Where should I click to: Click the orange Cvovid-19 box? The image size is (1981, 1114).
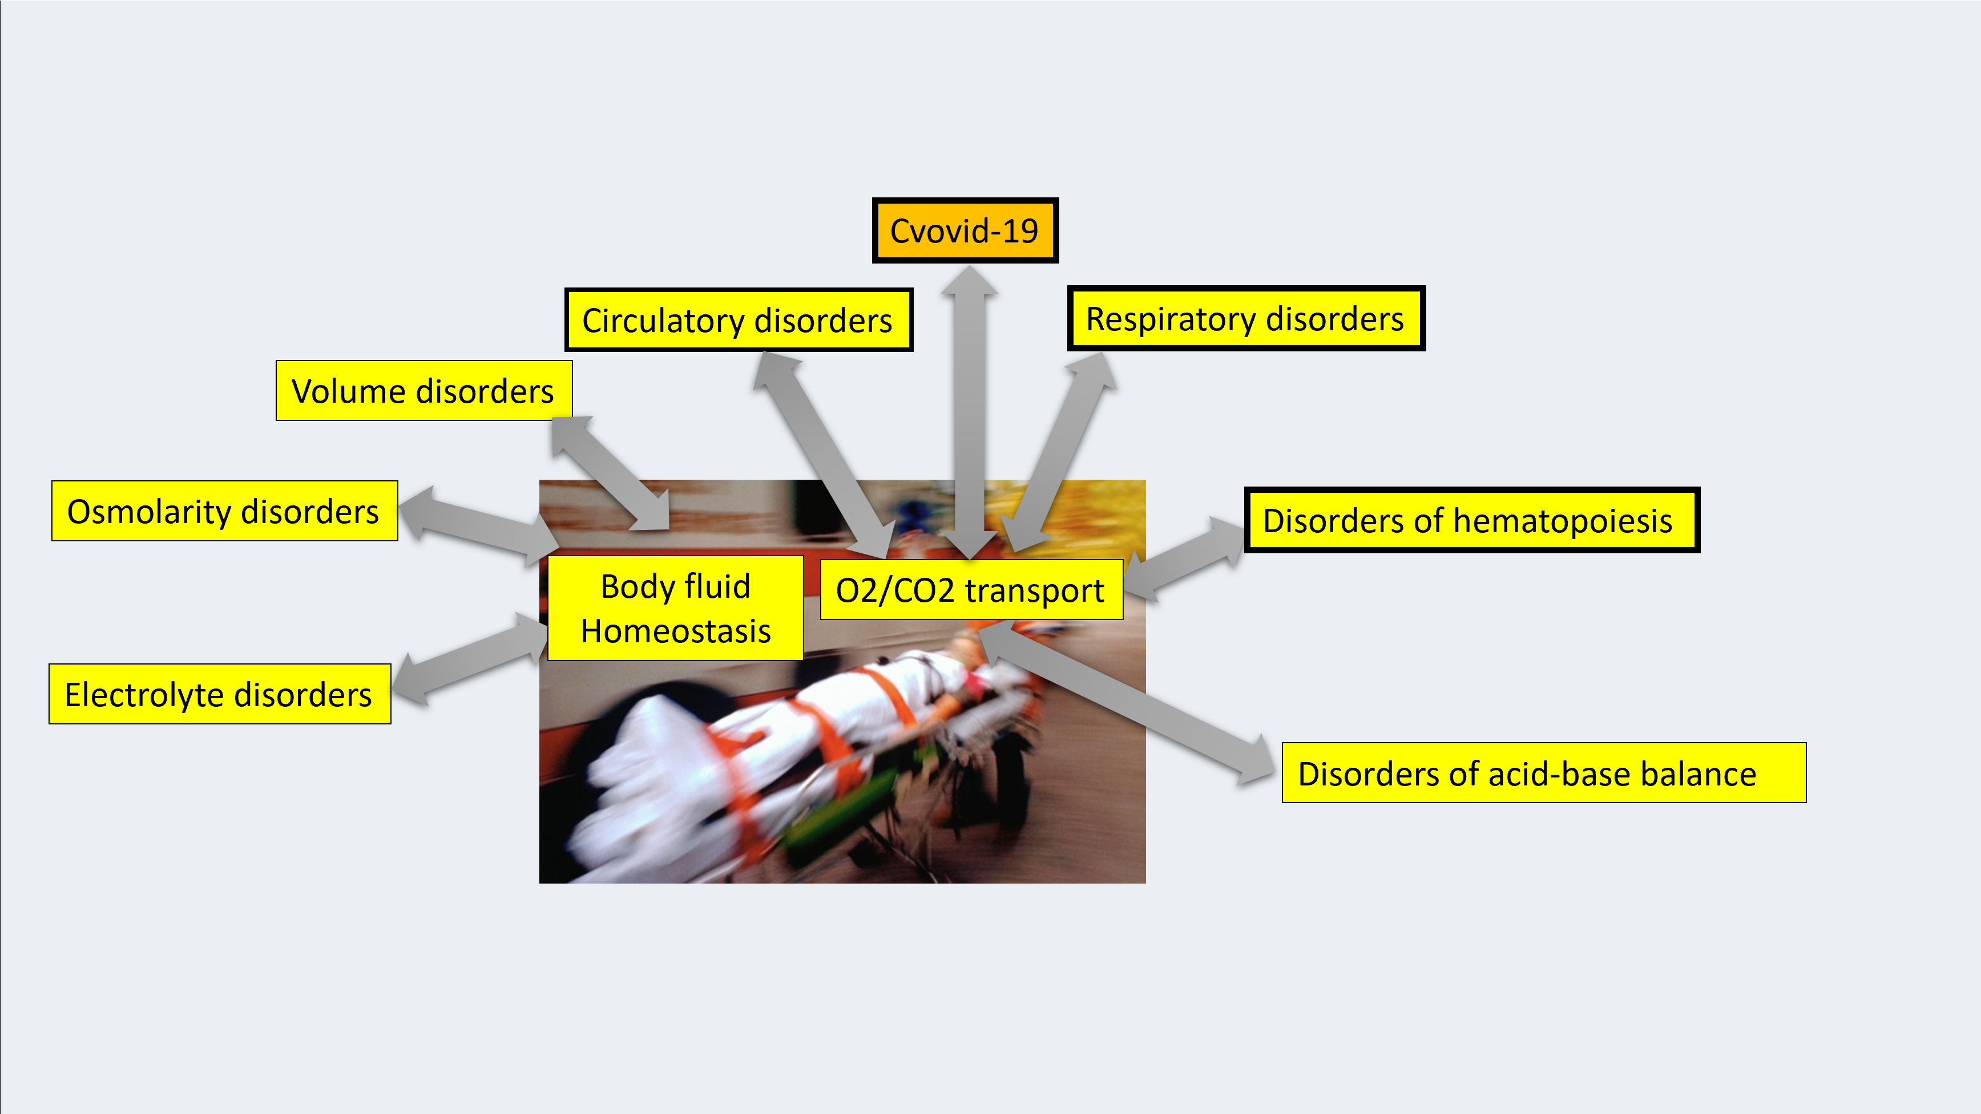tap(965, 230)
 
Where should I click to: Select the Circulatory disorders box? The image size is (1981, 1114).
tap(739, 320)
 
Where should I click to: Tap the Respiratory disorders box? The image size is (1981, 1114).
tap(1246, 318)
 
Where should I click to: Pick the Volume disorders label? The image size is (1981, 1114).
tap(423, 391)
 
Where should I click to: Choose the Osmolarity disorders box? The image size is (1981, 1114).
tap(224, 511)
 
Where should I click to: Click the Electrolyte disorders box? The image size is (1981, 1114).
tap(219, 694)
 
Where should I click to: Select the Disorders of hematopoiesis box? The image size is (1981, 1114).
tap(1471, 520)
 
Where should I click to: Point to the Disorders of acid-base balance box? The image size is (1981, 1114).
tap(1543, 773)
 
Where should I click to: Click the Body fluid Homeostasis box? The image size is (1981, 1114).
tap(675, 608)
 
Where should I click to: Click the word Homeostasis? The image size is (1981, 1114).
tap(675, 631)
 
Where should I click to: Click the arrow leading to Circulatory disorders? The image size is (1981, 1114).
tap(823, 453)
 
